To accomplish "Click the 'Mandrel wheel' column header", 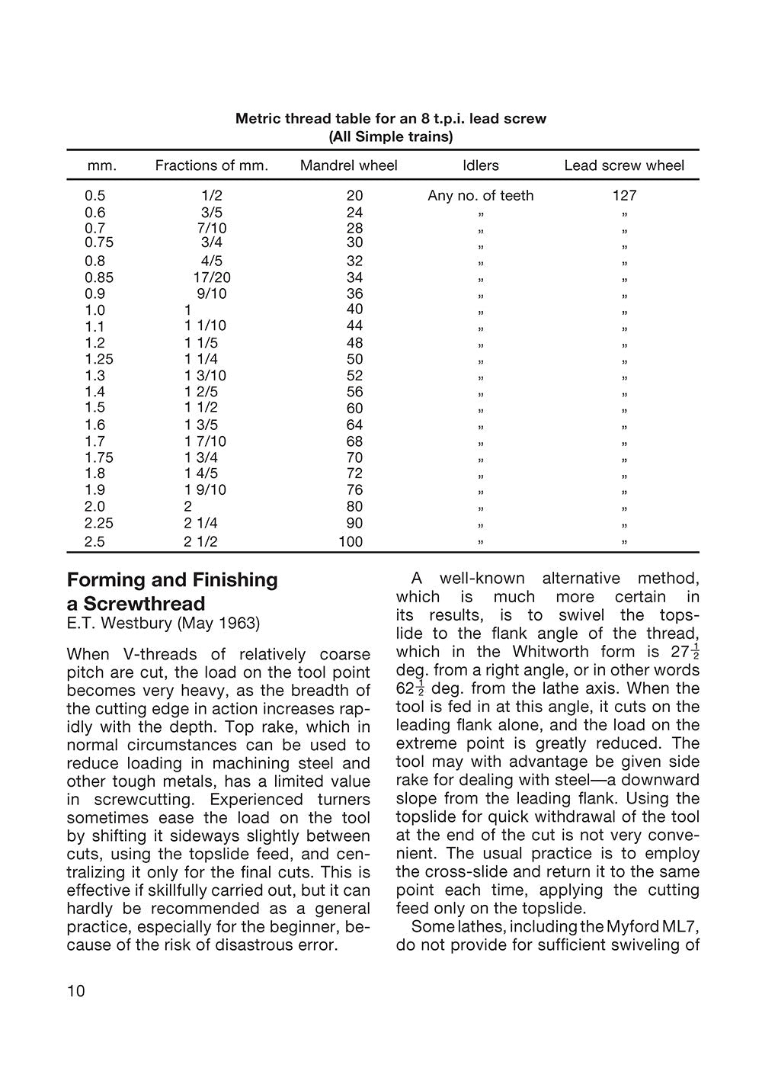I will coord(348,165).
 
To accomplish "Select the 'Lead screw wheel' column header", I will coord(623,165).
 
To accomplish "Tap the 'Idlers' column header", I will coord(480,165).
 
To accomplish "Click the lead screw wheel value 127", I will coord(623,195).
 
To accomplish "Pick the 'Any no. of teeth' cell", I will coord(480,195).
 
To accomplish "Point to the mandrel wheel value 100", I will coord(351,542).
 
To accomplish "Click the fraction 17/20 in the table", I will coord(211,277).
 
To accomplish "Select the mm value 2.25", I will coord(98,523).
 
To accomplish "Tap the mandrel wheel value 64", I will coord(354,425).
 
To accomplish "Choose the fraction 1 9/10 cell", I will coord(205,489).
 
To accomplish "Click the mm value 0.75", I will coord(98,242).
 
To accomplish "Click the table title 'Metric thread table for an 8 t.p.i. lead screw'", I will coord(390,119).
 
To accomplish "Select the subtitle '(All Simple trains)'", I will coord(390,137).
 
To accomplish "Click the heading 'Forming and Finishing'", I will coord(172,579).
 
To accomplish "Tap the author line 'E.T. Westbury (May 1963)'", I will coord(163,623).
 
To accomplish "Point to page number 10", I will coord(76,991).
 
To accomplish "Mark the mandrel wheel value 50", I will coord(354,359).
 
